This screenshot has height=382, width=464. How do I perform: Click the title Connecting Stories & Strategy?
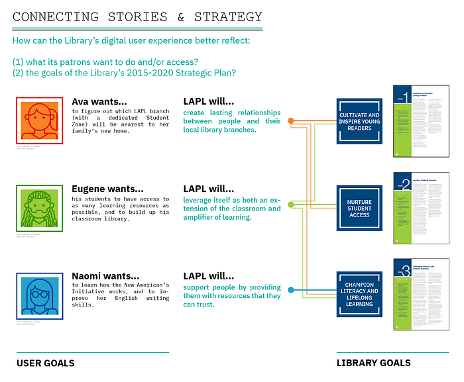coord(138,17)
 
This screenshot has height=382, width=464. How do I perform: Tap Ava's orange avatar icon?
coord(40,120)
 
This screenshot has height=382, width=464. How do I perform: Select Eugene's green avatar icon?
coord(40,208)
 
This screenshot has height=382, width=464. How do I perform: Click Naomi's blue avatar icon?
coord(40,295)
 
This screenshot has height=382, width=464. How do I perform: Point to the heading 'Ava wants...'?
coord(99,102)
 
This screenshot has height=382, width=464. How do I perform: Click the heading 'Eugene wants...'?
coord(107,189)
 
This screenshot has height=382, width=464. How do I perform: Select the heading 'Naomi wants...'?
coord(105,276)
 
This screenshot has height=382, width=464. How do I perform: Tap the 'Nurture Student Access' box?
coord(360,209)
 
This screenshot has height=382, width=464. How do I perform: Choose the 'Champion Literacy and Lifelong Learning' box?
coord(360,296)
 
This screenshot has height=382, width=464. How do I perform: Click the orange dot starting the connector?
coord(290,121)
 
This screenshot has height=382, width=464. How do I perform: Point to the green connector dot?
coord(290,204)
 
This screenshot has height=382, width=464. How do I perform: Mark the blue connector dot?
coord(290,289)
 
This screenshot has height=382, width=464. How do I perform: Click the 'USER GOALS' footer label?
coord(45,363)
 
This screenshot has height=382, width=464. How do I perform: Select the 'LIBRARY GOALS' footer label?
coord(373,363)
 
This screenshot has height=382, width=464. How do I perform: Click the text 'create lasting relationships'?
coord(231,113)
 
